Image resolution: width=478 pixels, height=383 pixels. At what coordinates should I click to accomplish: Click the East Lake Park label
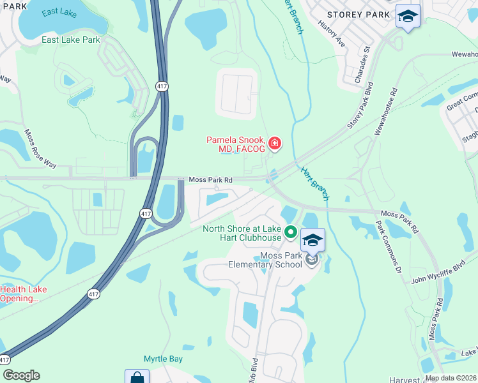(71, 40)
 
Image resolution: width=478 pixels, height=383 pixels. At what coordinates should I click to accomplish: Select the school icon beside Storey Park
(407, 15)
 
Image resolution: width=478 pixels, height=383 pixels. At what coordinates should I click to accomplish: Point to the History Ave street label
(331, 36)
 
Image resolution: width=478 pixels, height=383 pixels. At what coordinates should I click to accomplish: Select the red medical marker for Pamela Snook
(275, 144)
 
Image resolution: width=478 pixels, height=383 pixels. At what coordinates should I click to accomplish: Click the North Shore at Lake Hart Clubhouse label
(242, 234)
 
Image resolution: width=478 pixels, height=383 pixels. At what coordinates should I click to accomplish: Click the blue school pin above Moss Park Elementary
(312, 241)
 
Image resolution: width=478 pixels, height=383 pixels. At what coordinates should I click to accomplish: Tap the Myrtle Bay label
(163, 359)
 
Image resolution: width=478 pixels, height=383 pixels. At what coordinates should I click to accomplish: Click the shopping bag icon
(137, 377)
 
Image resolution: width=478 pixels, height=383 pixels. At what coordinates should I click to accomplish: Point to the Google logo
(21, 375)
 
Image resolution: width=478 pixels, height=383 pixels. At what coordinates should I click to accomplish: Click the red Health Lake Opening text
(23, 294)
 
